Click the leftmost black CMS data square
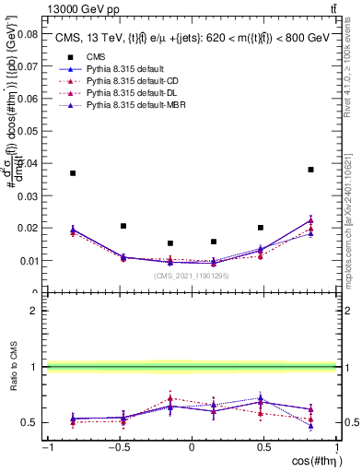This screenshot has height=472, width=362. (x=73, y=173)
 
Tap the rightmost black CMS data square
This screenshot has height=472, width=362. (x=311, y=170)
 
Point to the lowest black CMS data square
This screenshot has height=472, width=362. (x=170, y=243)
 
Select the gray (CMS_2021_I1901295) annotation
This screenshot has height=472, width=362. (x=192, y=276)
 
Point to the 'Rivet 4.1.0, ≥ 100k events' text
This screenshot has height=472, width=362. (x=354, y=74)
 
